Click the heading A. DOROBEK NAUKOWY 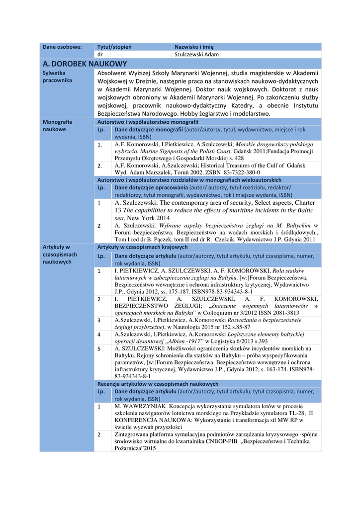(x=85, y=64)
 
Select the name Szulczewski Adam (x=196, y=55)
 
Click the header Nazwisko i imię (x=194, y=47)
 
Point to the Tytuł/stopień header (x=114, y=47)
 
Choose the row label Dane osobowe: (x=62, y=47)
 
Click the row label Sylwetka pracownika (x=57, y=76)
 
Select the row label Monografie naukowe (x=57, y=125)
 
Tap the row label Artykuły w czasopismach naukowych (x=60, y=254)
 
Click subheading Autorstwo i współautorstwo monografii (x=148, y=122)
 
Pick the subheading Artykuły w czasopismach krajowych (x=142, y=247)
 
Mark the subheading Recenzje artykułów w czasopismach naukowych (x=158, y=384)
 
